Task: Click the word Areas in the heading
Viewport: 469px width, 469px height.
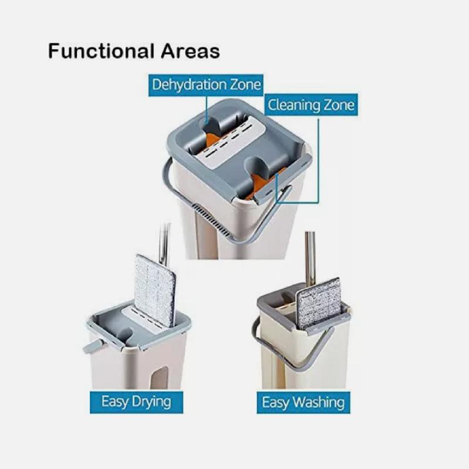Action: tap(191, 51)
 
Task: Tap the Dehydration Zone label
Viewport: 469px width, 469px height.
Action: tap(206, 85)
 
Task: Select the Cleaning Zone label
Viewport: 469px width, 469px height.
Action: tap(311, 105)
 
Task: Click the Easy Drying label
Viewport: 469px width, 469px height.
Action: tap(137, 402)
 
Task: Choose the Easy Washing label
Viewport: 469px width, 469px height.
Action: tap(303, 402)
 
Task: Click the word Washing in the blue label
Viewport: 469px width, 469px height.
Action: tap(318, 403)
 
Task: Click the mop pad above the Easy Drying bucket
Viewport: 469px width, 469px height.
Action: tap(155, 290)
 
